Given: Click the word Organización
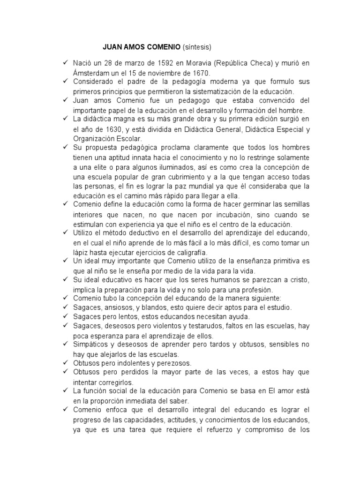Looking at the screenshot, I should (x=96, y=139).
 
